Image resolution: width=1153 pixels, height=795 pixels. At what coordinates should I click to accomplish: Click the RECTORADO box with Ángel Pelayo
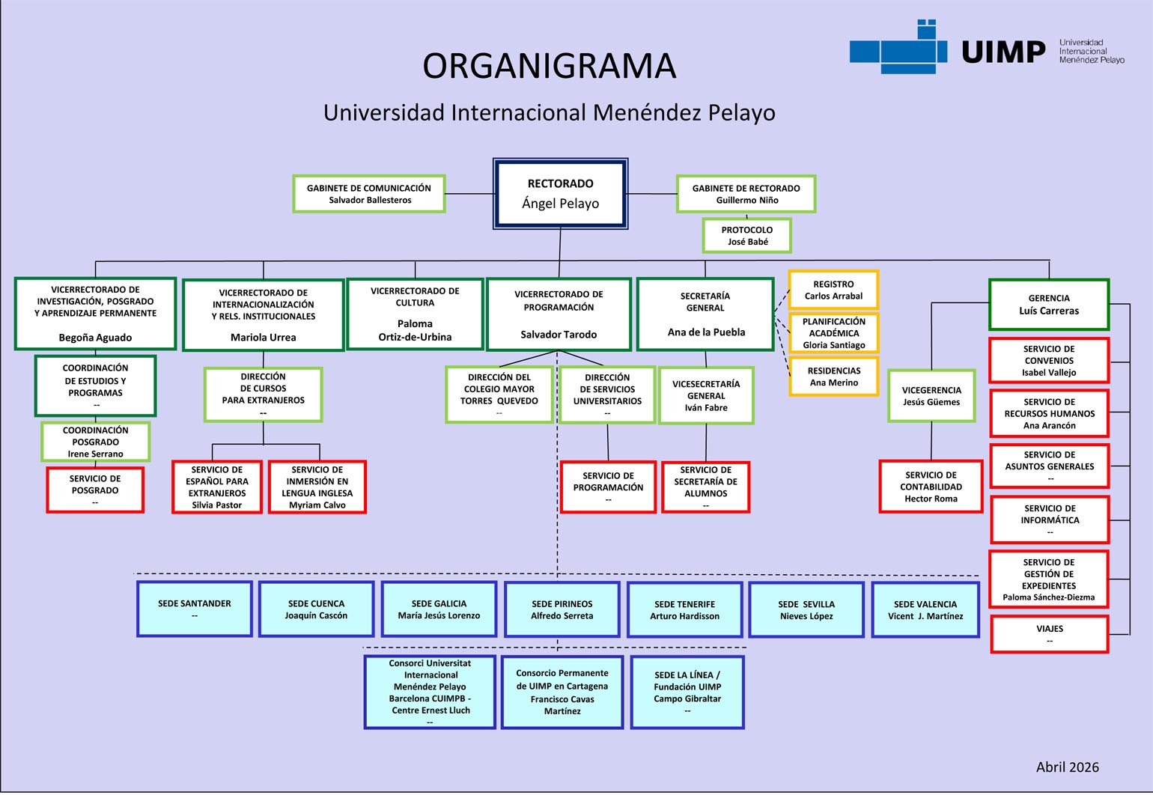point(560,193)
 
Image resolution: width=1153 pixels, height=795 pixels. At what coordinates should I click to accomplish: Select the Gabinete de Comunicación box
point(369,194)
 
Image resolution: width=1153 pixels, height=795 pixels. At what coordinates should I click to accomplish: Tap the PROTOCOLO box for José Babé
point(746,236)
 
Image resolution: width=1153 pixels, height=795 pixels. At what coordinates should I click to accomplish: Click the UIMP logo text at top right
point(1003,52)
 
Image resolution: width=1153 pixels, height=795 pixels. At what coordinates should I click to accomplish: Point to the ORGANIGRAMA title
point(549,66)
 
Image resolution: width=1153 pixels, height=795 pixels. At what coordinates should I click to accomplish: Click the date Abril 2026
point(1067,767)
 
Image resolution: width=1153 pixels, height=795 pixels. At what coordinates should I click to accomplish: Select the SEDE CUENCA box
point(316,609)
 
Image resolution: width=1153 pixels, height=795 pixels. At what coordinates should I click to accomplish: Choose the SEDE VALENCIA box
point(925,610)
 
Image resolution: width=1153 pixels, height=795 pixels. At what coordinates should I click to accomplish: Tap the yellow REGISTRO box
point(833,290)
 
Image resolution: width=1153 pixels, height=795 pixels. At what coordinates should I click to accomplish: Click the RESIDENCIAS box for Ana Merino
point(833,377)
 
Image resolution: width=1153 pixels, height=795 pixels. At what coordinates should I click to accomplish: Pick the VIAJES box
point(1049,634)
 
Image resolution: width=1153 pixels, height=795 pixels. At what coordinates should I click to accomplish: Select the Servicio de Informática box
point(1049,520)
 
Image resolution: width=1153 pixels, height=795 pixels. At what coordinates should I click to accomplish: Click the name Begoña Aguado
point(95,338)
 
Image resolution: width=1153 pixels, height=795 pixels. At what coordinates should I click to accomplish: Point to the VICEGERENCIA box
point(931,396)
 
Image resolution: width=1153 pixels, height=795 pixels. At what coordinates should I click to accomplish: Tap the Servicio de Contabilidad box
point(931,487)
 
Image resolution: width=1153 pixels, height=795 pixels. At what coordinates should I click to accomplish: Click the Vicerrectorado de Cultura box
point(415,314)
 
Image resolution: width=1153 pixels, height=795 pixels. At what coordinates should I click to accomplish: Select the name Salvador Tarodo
point(559,335)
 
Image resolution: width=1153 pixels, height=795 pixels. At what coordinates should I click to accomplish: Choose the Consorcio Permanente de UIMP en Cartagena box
point(562,692)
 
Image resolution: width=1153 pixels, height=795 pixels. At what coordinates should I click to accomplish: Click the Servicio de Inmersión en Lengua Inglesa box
point(317,487)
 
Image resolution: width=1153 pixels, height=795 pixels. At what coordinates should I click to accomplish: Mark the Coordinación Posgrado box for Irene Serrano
point(95,442)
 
